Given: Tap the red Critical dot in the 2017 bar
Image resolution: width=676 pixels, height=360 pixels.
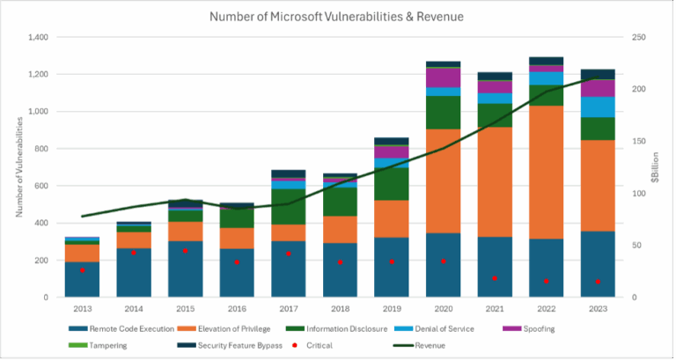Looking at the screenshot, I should (x=288, y=253).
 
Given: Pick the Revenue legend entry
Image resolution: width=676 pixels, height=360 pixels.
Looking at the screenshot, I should (x=427, y=345).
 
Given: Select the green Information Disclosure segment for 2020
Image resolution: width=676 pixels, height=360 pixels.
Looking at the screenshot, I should (x=442, y=112).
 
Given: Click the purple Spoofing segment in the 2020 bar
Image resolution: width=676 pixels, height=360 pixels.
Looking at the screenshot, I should (x=442, y=77).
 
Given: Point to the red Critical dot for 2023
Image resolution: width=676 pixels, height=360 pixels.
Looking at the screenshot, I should (x=598, y=282).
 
